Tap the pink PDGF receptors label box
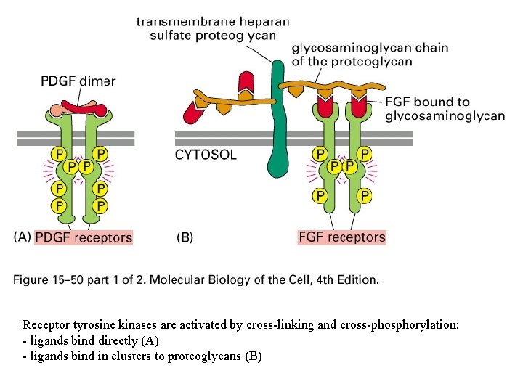[84, 237]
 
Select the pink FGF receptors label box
[342, 237]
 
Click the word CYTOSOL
[206, 155]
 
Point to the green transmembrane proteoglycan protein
[276, 116]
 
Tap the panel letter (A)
[23, 237]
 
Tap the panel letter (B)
[185, 237]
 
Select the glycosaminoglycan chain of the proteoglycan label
[370, 55]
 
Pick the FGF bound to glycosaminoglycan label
[445, 109]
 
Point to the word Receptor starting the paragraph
[46, 324]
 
